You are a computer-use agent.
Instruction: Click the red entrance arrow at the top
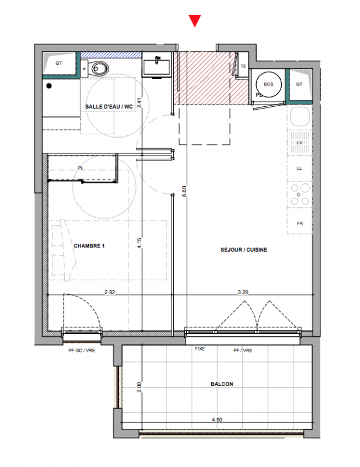195,21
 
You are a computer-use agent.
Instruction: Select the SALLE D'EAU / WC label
109,107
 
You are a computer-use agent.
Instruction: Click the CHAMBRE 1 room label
89,246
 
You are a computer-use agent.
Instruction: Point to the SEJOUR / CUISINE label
243,250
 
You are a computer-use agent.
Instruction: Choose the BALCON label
222,384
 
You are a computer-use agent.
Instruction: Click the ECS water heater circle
268,84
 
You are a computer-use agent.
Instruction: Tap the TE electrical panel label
243,67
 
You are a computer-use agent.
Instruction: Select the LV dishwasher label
299,142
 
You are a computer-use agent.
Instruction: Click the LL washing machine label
299,168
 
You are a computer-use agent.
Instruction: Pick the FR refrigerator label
299,224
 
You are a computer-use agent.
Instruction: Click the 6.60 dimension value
184,191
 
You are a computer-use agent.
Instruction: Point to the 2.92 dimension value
110,292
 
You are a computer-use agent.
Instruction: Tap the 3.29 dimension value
243,292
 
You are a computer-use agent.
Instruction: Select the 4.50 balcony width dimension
217,420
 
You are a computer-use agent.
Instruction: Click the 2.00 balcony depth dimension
139,387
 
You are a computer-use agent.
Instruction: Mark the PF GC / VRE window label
82,351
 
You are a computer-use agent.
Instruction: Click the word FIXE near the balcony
200,348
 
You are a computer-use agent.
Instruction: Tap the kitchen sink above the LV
299,116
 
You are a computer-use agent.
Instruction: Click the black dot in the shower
49,86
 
